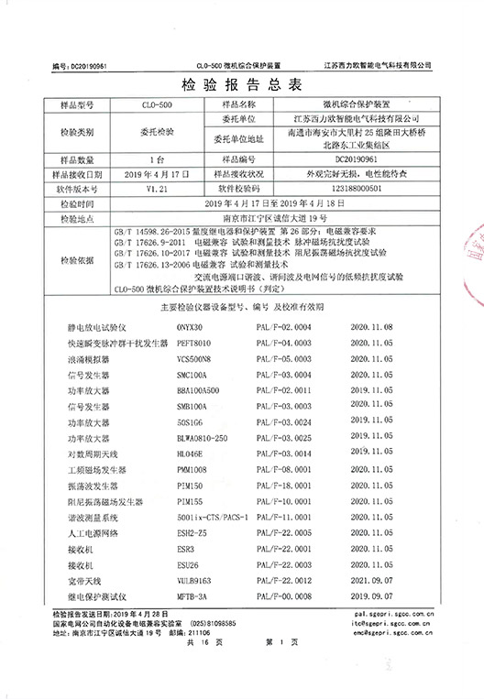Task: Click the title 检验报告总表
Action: pos(242,88)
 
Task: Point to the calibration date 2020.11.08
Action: pos(370,326)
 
